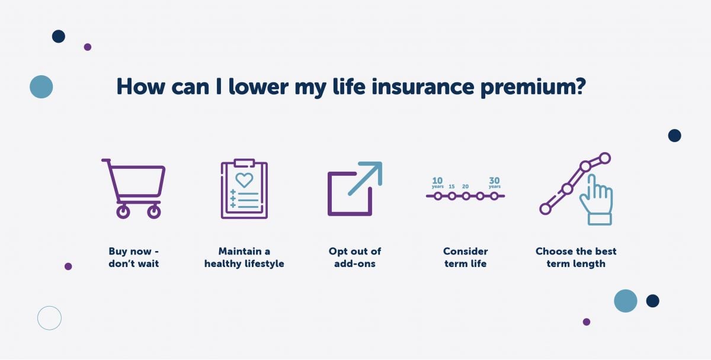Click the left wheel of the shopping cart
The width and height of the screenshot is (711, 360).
tap(123, 211)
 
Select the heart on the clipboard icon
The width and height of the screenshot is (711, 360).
tap(244, 179)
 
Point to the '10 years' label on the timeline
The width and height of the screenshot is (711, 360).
tap(437, 182)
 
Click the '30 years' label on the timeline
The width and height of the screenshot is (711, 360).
tap(494, 182)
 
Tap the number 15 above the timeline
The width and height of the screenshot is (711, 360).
tap(451, 187)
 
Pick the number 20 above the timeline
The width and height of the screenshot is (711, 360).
tap(466, 187)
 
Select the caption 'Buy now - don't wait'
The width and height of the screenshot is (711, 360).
tap(134, 257)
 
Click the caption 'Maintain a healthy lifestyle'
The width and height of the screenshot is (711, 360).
tap(244, 257)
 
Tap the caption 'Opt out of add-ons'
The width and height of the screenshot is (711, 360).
tap(355, 257)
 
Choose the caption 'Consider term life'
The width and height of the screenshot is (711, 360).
tap(465, 257)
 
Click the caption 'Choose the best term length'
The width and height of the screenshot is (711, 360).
tap(576, 257)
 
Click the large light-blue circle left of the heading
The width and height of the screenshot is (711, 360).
tap(41, 86)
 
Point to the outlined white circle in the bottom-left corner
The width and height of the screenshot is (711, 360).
tap(49, 318)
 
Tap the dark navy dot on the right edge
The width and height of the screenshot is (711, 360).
tap(674, 136)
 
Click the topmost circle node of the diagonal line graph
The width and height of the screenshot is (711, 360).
tap(604, 158)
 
